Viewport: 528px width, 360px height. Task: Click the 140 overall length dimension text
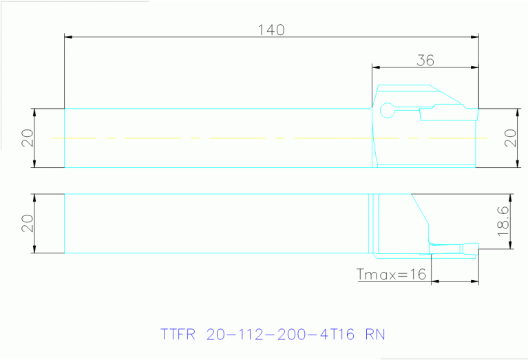click(x=271, y=30)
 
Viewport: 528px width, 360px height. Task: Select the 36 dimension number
click(x=425, y=60)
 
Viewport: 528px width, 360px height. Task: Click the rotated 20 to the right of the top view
click(x=510, y=138)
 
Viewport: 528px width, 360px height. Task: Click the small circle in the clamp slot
click(x=387, y=109)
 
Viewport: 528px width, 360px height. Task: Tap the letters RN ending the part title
click(x=376, y=335)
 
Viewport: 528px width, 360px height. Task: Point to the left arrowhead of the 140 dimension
click(x=67, y=36)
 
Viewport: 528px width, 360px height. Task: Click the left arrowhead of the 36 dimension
click(x=376, y=67)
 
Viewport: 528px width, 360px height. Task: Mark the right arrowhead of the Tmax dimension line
click(x=475, y=281)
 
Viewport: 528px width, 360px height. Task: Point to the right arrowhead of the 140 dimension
click(x=474, y=36)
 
